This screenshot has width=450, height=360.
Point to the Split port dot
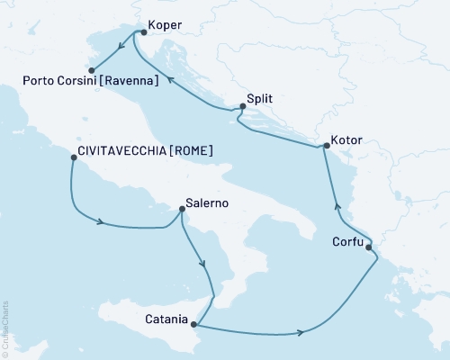(240, 108)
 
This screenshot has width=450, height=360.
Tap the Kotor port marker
(325, 146)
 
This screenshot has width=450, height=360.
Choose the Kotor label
(348, 140)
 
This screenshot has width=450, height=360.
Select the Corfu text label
(348, 242)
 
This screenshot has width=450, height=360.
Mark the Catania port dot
(198, 326)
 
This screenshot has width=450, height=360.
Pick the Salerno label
(206, 202)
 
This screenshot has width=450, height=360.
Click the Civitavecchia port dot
(72, 157)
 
